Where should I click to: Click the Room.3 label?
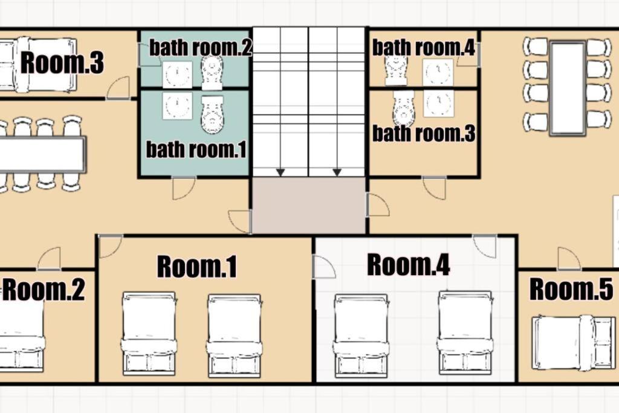pos(62,62)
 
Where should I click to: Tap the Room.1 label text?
pos(197,267)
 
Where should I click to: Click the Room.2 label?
pos(44,290)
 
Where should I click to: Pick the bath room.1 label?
pos(196,149)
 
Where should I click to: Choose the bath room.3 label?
pos(424,134)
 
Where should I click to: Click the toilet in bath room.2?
pos(212,73)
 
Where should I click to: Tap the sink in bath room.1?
pos(177,106)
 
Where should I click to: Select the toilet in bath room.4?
pos(396,71)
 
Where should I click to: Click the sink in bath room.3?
pos(438,104)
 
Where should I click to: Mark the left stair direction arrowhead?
pos(280,172)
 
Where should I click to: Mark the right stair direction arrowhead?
pos(337,172)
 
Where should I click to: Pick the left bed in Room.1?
pos(149,334)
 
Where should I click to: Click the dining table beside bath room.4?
pos(567,88)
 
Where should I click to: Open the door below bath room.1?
pos(184,188)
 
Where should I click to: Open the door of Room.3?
pos(118,88)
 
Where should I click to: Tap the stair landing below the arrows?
pos(309,206)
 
